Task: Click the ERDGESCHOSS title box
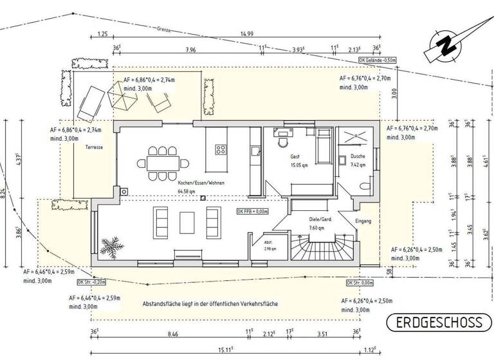439,321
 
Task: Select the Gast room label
295,157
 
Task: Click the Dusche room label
358,156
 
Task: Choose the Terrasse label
93,147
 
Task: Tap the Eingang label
363,222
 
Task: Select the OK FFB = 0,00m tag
252,211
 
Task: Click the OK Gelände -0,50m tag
378,60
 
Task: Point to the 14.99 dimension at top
246,34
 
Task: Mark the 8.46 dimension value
172,334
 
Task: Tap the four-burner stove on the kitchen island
221,149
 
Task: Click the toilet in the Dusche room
365,186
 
